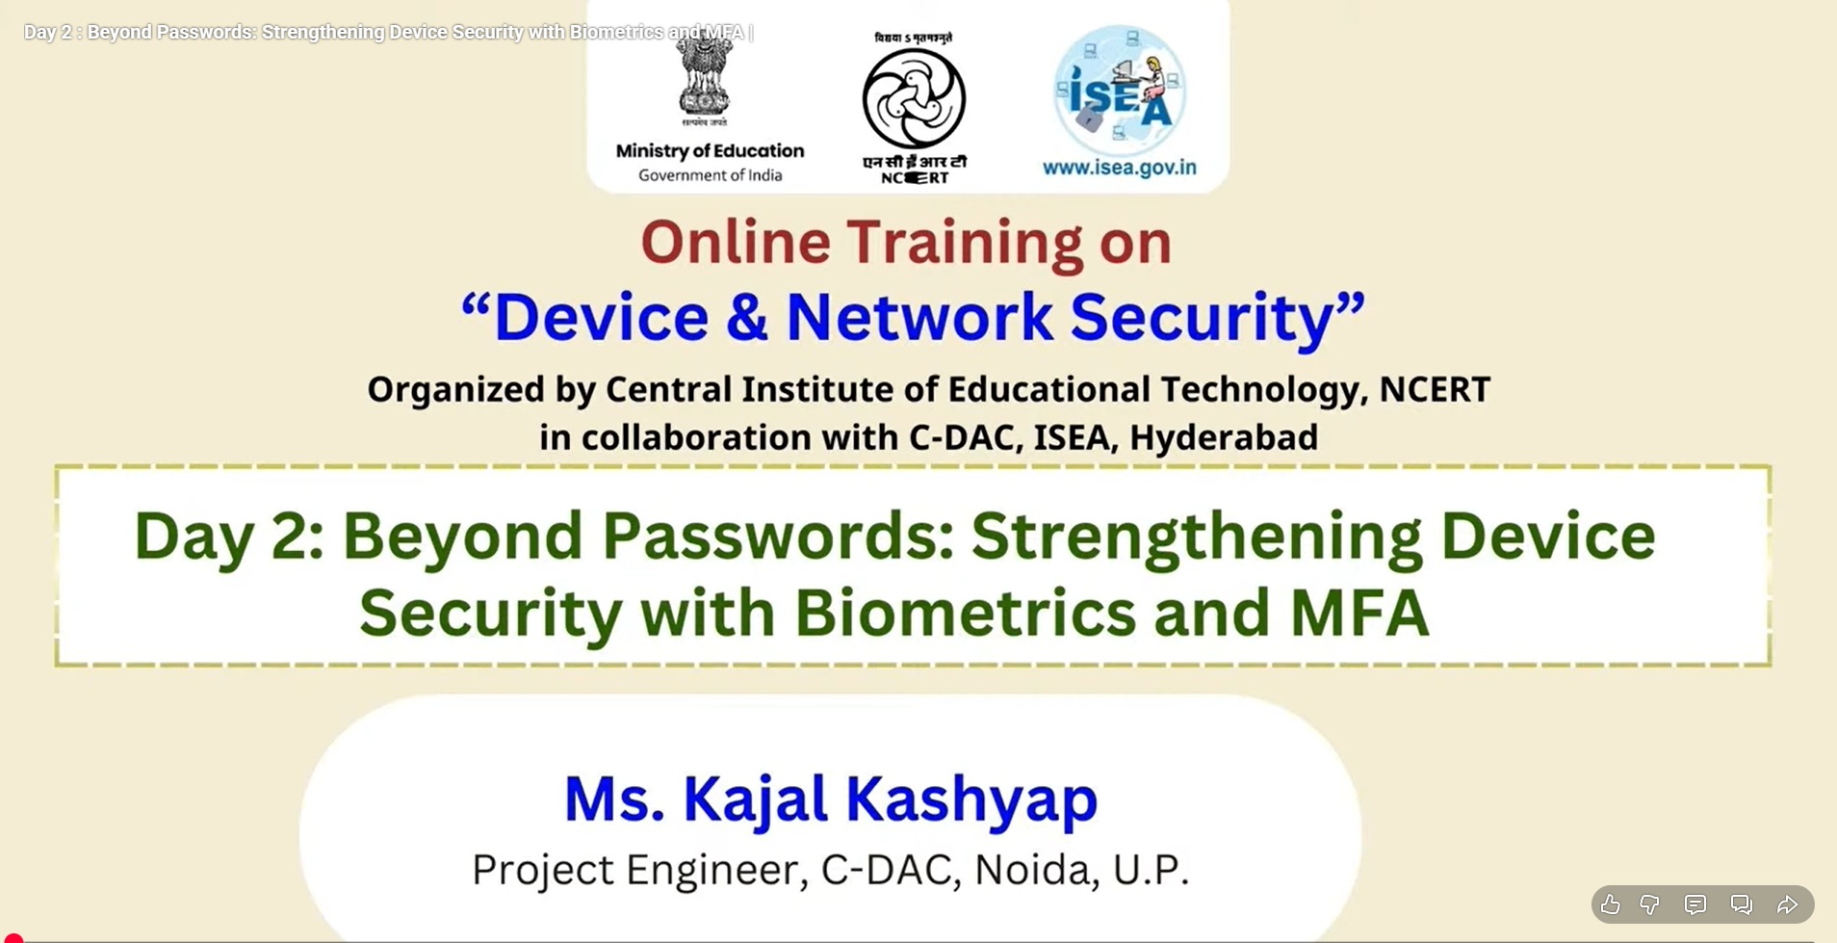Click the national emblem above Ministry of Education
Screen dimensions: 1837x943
(706, 81)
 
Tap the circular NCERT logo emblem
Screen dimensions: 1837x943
(914, 99)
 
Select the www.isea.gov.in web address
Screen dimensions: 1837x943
(1120, 168)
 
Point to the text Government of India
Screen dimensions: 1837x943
(711, 175)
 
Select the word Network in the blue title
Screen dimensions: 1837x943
(919, 318)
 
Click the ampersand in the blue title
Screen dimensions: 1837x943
(747, 318)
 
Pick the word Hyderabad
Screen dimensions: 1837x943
(1224, 438)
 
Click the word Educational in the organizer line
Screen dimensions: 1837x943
(1048, 389)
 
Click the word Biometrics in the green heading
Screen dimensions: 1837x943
(965, 613)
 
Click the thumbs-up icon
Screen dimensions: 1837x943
(1610, 904)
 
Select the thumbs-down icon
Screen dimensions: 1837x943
(1650, 904)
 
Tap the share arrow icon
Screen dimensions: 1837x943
(1787, 904)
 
